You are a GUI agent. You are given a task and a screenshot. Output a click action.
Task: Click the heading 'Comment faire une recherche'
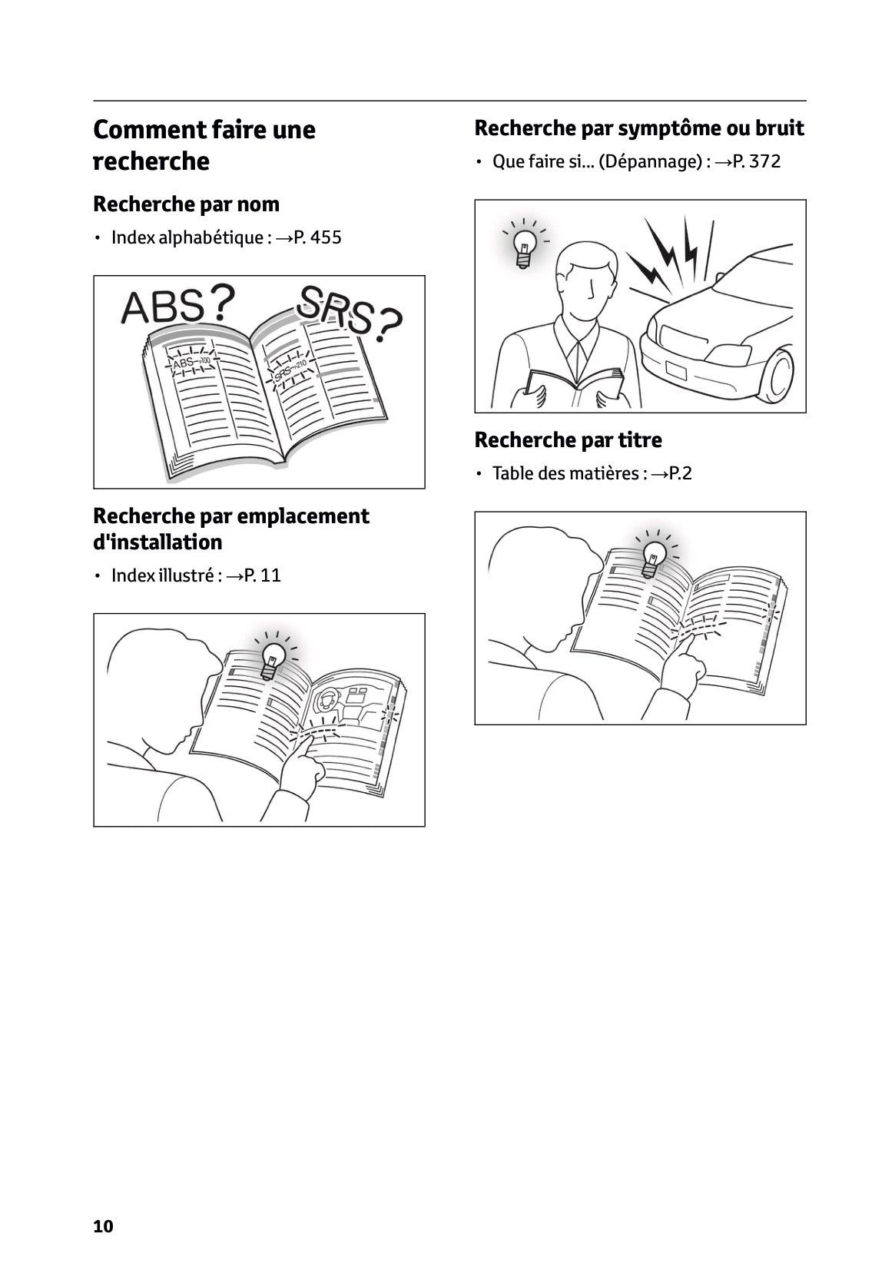(x=204, y=145)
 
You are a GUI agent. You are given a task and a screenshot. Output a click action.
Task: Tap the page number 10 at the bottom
(x=103, y=1226)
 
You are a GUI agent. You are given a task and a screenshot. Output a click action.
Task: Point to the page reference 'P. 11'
(x=262, y=575)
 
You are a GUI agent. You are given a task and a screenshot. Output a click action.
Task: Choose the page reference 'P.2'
(x=680, y=473)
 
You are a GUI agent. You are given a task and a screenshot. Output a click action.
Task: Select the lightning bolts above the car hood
(x=668, y=250)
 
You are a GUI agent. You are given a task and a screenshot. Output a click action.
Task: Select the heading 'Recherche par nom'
(x=186, y=204)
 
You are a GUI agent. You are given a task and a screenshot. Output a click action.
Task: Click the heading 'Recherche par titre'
(x=568, y=440)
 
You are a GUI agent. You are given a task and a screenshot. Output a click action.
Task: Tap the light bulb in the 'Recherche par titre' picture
(x=655, y=557)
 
